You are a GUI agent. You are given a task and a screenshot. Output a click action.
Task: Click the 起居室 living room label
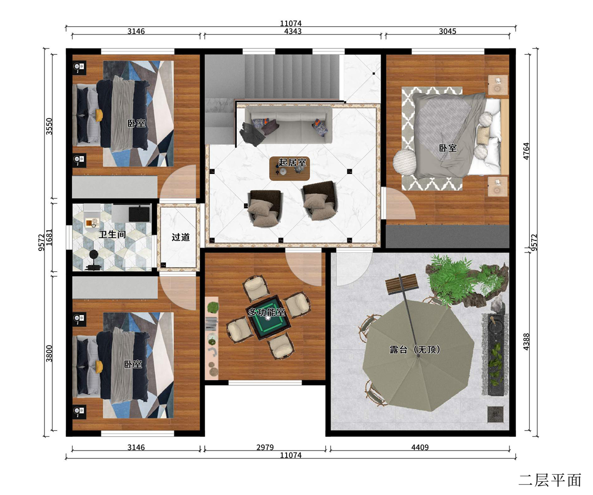pos(292,163)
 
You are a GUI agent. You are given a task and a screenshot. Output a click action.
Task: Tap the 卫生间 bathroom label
pos(112,234)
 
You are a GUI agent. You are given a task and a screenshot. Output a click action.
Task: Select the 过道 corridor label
pos(181,237)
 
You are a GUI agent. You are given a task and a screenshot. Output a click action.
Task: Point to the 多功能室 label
pos(266,312)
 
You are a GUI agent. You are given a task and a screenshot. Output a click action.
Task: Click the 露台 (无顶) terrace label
pos(415,349)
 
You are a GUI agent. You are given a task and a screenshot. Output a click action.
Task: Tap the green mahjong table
pos(268,318)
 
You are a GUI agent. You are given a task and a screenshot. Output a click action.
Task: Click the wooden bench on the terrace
pos(402,284)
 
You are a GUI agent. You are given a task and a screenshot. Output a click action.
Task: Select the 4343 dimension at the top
pos(293,31)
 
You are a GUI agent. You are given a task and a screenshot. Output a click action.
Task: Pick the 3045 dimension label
pos(448,31)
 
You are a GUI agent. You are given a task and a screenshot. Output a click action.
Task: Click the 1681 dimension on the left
pos(49,238)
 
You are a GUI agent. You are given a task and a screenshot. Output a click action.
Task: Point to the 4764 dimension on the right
pos(526,151)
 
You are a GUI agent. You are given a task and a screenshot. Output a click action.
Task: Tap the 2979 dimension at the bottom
pos(265,447)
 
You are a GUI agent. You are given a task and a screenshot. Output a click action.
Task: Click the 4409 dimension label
pos(420,447)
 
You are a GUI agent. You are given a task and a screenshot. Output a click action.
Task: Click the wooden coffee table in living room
pos(290,168)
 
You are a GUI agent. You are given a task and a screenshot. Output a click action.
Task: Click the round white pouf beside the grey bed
pos(404,162)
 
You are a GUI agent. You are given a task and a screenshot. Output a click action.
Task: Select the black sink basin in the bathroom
pos(139,214)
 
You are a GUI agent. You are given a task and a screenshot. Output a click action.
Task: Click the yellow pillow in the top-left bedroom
pos(99,115)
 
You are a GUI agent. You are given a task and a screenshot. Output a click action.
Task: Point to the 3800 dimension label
pos(49,354)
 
